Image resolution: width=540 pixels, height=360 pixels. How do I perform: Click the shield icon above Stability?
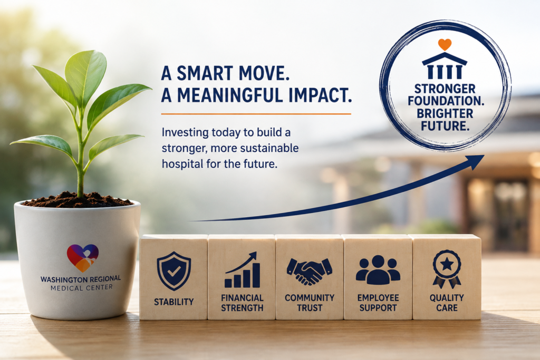[x=173, y=271]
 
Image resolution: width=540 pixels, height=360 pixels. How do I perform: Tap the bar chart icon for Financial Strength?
[x=243, y=270]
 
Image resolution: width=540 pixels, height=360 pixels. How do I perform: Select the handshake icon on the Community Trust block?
[x=309, y=271]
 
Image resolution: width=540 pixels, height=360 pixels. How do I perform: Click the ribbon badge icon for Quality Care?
[x=447, y=269]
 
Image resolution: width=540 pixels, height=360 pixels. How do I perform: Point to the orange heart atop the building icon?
[x=445, y=44]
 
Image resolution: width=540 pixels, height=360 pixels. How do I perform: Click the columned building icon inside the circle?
[x=444, y=66]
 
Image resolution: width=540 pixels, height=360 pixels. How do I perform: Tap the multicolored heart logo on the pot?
[x=83, y=258]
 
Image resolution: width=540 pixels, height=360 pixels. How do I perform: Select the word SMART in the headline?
[x=206, y=73]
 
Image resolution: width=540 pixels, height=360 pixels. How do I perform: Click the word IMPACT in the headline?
[x=317, y=95]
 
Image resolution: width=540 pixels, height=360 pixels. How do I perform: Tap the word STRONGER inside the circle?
[x=445, y=89]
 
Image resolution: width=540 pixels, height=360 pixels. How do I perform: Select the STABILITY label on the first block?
[x=173, y=302]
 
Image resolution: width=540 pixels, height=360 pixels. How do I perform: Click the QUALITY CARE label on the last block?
[x=447, y=303]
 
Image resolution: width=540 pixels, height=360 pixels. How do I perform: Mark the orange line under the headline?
[x=256, y=114]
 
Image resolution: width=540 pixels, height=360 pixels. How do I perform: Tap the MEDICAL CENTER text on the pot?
[x=82, y=287]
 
